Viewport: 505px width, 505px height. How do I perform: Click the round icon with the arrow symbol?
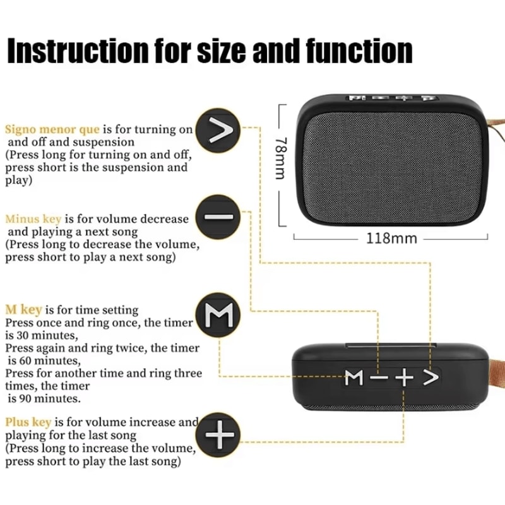tap(218, 131)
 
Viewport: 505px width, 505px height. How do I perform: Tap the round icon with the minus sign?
tap(218, 218)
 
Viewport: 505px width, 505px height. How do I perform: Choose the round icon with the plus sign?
tap(218, 435)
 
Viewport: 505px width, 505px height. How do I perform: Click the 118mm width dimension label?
tap(391, 239)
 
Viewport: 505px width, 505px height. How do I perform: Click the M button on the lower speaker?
tap(354, 378)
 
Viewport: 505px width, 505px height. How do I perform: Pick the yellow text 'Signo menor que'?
tap(52, 129)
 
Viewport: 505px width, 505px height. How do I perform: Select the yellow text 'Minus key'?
tap(33, 219)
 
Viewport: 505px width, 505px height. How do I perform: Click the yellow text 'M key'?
tap(23, 309)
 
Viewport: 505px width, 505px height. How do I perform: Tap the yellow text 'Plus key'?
tap(28, 422)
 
